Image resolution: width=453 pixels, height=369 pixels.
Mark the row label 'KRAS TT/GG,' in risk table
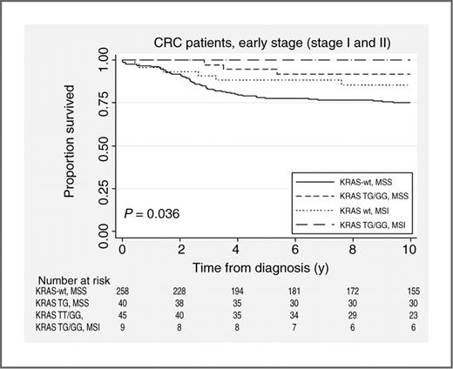click(57, 319)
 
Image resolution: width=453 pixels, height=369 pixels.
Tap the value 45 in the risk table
click(123, 319)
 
